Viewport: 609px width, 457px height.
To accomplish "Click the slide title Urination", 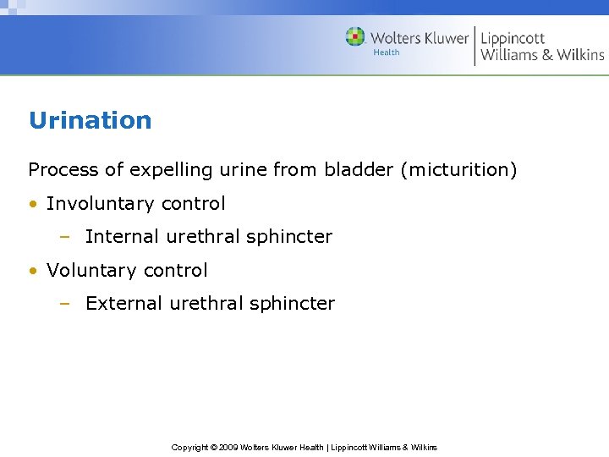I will coord(90,120).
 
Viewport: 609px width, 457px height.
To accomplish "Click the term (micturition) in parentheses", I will coord(459,170).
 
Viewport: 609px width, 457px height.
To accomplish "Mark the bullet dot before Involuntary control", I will coord(33,205).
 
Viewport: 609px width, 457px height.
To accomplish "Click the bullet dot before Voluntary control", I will coord(33,272).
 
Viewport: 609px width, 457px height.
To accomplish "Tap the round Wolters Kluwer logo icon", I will coord(355,37).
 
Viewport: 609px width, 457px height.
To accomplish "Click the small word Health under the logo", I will coord(387,52).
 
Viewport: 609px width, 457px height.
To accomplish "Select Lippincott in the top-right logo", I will coord(513,38).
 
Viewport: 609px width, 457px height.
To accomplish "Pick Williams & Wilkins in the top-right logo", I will coord(542,55).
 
